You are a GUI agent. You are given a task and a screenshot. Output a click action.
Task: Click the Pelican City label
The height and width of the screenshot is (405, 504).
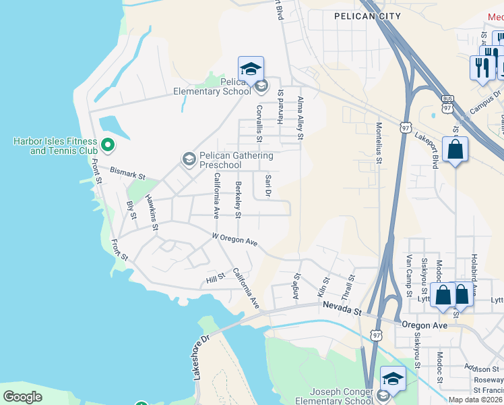coord(367,16)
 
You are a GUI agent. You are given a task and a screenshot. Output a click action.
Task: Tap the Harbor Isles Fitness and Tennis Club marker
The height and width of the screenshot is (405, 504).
coord(106,145)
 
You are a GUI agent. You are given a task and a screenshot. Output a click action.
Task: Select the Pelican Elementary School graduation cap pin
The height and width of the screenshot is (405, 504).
coord(251,70)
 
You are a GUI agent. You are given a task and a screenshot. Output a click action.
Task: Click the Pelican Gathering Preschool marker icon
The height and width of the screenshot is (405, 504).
coord(189,159)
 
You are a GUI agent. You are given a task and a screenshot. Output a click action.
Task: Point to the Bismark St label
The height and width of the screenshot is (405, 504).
coord(128,174)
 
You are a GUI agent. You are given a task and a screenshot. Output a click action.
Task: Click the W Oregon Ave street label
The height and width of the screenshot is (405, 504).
coord(235,240)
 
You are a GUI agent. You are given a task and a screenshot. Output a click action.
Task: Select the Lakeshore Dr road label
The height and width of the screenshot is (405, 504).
coord(201,356)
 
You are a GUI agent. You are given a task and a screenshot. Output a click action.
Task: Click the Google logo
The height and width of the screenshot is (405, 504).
coord(23,397)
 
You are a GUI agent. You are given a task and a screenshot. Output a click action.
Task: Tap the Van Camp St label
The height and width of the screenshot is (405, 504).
coord(408,276)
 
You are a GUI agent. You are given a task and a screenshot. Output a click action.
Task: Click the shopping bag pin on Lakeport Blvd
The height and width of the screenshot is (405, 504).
coord(455,151)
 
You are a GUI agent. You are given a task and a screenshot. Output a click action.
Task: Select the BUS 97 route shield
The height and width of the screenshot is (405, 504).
coord(448,105)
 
